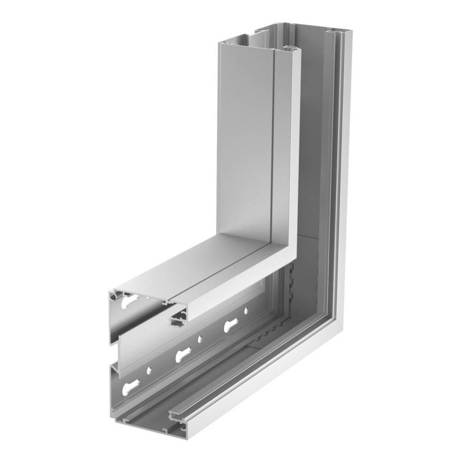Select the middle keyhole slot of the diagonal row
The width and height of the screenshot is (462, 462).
183,355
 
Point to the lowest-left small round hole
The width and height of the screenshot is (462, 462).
149,370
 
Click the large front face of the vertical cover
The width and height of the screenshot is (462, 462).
245,139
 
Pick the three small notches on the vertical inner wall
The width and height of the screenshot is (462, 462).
292,282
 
